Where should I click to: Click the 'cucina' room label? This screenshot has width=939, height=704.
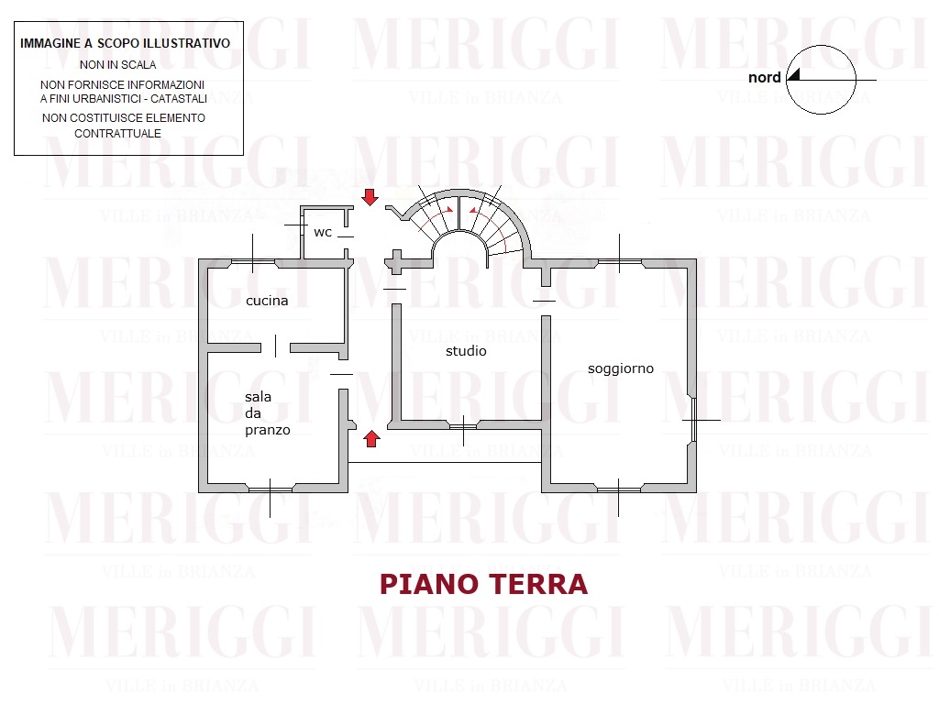(267, 301)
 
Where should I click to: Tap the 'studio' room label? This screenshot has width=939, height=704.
(466, 351)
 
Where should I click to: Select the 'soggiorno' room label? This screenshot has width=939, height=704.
(621, 368)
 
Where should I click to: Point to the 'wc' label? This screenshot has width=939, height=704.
(323, 232)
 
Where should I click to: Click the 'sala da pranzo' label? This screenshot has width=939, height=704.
(267, 413)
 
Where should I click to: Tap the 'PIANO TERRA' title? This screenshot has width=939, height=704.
(484, 584)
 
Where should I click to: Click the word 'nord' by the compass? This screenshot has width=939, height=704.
(765, 77)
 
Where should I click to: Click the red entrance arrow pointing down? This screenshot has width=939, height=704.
(370, 197)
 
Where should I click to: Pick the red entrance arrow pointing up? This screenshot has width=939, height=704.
(372, 439)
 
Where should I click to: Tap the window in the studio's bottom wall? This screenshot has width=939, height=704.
(463, 426)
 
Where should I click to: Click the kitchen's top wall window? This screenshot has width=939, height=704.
(253, 262)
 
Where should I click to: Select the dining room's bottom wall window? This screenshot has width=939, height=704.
(271, 489)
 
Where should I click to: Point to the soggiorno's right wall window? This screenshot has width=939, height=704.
(693, 420)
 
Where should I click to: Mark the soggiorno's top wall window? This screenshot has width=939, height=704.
(620, 262)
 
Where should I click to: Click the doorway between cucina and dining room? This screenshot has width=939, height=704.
(275, 347)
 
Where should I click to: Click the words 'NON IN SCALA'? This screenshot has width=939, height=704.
(118, 65)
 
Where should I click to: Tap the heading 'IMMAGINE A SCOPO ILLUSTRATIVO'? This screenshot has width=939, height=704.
(125, 43)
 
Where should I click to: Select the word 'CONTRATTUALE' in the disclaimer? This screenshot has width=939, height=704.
(117, 134)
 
